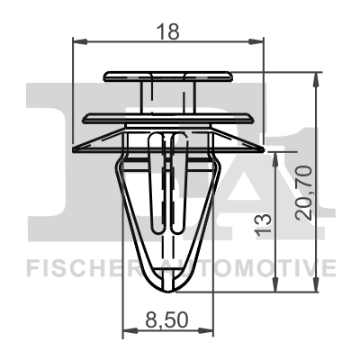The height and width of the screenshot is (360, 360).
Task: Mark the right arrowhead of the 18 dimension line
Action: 262,40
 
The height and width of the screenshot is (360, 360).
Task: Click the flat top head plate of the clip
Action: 168,76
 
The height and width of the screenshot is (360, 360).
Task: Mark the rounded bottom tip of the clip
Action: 167,286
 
